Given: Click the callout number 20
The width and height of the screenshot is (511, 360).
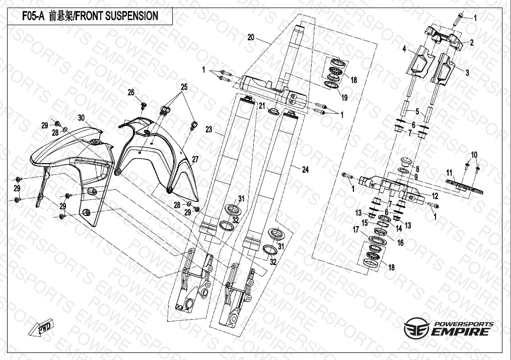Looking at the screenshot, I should pos(251,37).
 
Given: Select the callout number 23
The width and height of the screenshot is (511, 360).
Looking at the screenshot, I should pos(209,129).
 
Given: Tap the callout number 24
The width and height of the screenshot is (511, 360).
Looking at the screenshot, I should pos(305,170).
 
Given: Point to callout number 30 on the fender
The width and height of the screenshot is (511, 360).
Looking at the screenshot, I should pos(81,117).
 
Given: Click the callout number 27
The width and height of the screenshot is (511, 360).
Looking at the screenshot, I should pos(195,159).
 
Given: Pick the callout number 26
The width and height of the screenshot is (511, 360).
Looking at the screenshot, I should pos(131,92).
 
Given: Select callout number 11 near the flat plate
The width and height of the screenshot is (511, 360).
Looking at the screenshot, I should pos(449,173).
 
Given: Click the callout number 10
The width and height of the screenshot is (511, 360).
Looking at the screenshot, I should pos(474,154).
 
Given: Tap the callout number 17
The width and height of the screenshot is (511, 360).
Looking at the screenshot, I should pos(355,230).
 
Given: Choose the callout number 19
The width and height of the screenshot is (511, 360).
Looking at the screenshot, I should pos(345,97).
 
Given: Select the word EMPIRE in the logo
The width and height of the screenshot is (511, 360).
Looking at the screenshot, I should pos(459,332).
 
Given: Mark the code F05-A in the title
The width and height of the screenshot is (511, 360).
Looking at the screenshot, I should pos(33,16).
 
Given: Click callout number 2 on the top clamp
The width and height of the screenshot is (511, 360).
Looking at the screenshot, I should pos(472,43).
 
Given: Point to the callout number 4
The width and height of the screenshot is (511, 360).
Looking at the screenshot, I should pos(404,49).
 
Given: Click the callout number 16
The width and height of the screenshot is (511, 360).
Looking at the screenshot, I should pos(401,243).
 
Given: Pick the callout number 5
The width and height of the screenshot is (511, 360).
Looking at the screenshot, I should pos(416,111).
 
